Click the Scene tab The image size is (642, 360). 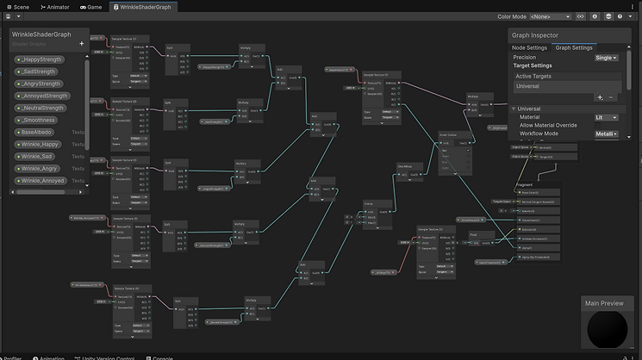click(x=18, y=6)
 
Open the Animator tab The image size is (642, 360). click(x=55, y=6)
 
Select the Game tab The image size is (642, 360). click(x=91, y=6)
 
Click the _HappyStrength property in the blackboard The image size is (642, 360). click(x=41, y=59)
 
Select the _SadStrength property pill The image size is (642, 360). click(x=40, y=71)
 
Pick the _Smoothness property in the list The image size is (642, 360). click(x=39, y=120)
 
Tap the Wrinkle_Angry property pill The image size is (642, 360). click(x=41, y=169)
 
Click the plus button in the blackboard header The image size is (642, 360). click(x=82, y=43)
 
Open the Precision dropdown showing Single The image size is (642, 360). click(x=607, y=57)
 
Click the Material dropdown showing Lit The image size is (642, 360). click(x=606, y=117)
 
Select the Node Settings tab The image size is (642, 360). click(x=529, y=47)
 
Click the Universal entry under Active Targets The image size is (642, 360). click(x=527, y=86)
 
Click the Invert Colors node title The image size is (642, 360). click(x=449, y=134)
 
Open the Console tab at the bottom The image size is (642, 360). click(x=163, y=357)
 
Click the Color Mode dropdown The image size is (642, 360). click(x=550, y=16)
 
